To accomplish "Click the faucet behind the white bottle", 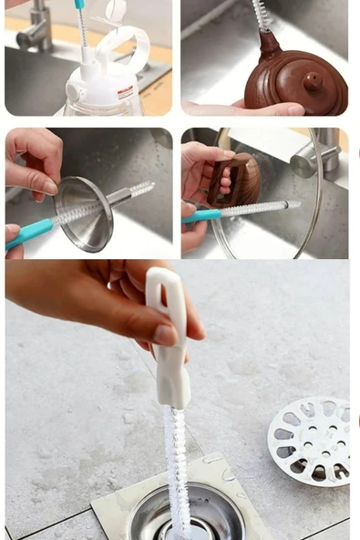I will [x=35, y=27].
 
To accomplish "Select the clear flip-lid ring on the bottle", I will [x=122, y=41].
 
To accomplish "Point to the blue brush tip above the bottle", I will [x=79, y=5].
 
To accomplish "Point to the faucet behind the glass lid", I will [x=314, y=158].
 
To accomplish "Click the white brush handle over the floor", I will [x=170, y=337].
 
